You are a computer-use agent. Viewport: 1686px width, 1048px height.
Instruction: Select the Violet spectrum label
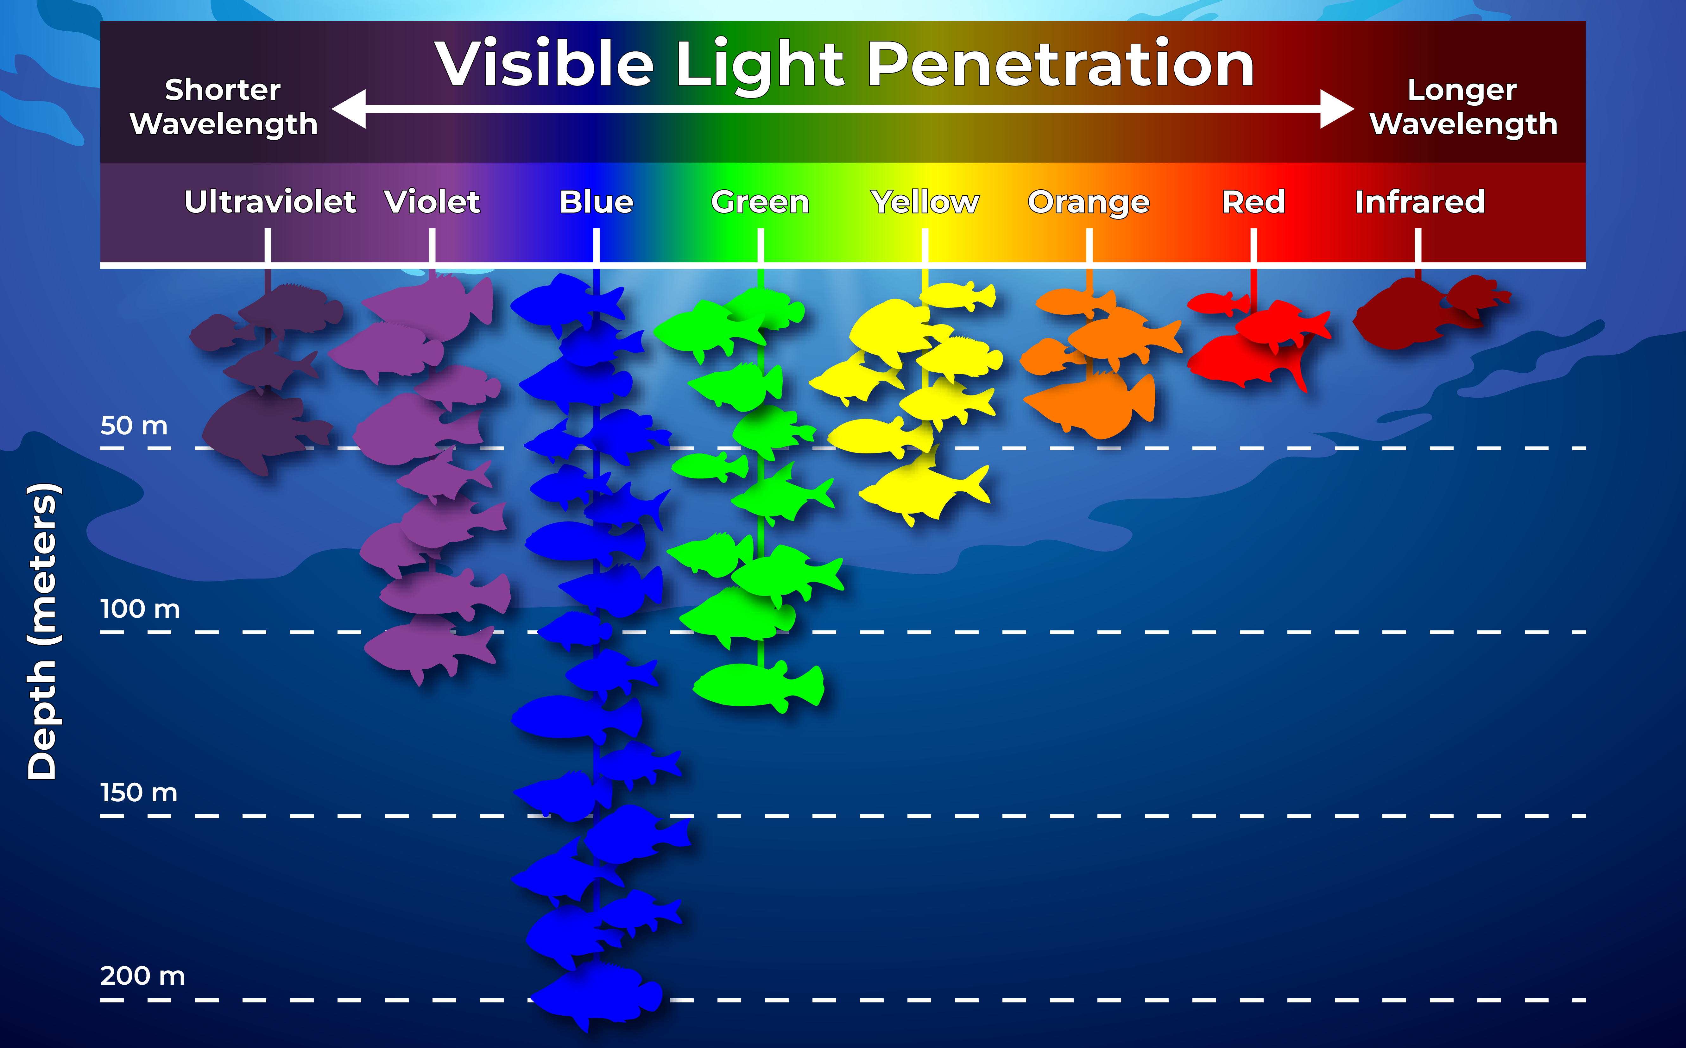click(x=432, y=202)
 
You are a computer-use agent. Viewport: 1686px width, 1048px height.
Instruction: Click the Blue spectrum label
click(x=596, y=202)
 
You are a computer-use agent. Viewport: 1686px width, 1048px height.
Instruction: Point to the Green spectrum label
click(x=760, y=202)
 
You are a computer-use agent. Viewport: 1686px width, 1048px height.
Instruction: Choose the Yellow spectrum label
click(x=925, y=202)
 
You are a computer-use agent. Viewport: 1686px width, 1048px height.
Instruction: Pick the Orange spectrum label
click(x=1089, y=202)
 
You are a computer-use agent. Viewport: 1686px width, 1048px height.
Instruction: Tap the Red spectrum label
click(x=1253, y=202)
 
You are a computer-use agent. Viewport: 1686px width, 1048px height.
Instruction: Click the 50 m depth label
click(x=134, y=426)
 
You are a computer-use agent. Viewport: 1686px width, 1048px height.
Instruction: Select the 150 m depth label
click(x=139, y=792)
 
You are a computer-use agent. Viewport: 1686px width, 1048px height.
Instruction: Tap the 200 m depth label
click(x=143, y=976)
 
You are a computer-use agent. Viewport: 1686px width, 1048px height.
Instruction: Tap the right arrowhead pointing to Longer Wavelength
click(x=1336, y=109)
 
